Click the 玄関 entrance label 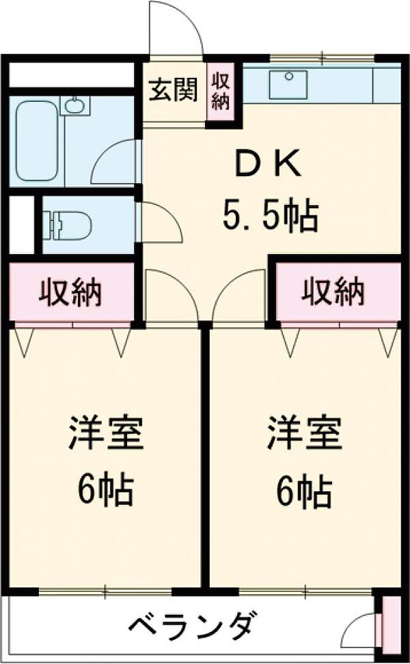tap(173, 91)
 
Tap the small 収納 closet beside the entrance tap(221, 91)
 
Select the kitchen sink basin tap(288, 85)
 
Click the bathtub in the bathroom tap(36, 141)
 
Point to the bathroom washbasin tap(75, 106)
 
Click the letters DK tap(269, 166)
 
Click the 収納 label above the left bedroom tap(70, 293)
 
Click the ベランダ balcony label tap(193, 626)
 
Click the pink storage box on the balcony tap(388, 627)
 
